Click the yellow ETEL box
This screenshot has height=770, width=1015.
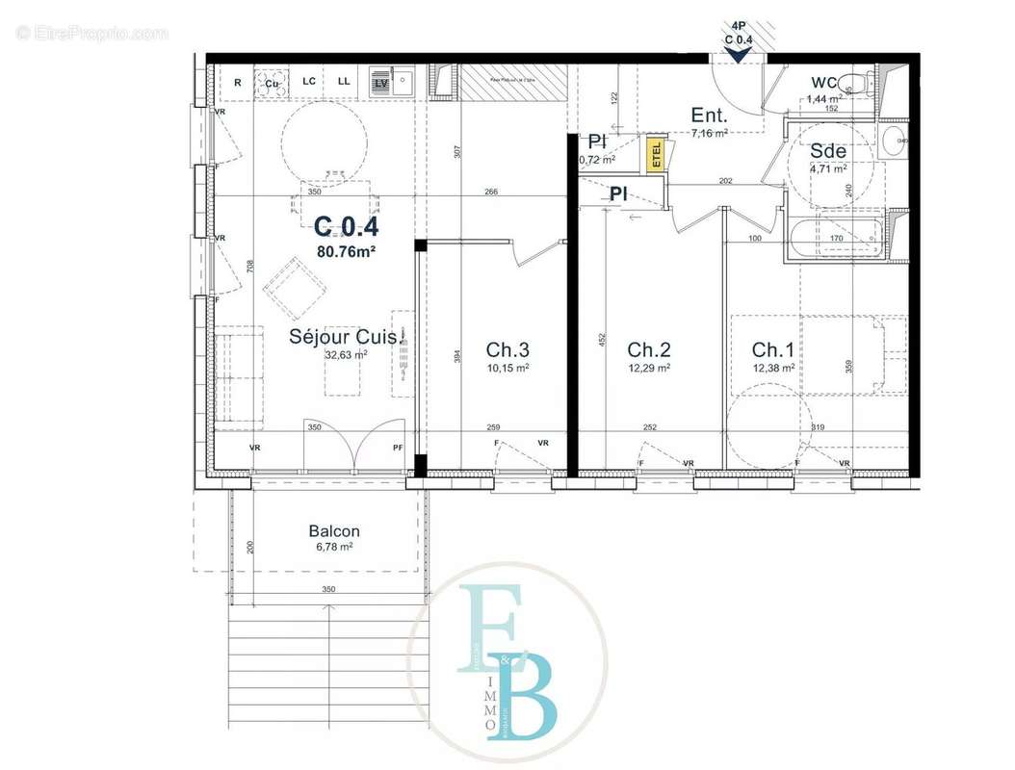point(656,153)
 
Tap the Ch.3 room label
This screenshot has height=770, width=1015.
point(507,349)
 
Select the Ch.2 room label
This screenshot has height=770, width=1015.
point(648,349)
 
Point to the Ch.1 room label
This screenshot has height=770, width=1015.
point(773,349)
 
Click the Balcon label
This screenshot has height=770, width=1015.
point(334,531)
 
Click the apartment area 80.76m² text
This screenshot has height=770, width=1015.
point(346,252)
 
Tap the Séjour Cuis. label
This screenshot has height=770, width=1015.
point(344,336)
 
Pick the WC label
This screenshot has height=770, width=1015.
point(824,82)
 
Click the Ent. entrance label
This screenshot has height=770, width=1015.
point(708,115)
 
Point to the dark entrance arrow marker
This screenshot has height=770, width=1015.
point(738,55)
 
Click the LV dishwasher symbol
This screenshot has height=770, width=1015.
point(380,84)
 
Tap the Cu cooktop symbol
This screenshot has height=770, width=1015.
point(272,83)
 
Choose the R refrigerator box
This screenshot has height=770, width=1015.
point(237,83)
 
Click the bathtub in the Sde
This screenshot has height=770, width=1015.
point(833,238)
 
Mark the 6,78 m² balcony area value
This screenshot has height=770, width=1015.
point(334,547)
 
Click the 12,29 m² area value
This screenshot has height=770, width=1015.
point(648,368)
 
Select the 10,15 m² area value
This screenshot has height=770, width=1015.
point(507,368)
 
